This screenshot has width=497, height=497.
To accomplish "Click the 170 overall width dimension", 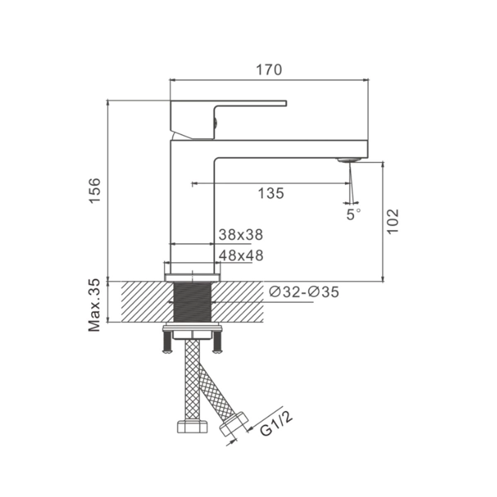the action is click(269, 70).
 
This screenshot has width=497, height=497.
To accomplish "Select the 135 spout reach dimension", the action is click(271, 193).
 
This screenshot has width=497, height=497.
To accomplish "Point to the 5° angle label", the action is click(353, 214).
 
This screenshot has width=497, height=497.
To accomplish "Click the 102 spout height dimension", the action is click(393, 221).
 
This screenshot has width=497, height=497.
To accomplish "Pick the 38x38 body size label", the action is click(241, 235).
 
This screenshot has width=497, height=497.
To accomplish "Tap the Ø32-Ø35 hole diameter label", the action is click(304, 292).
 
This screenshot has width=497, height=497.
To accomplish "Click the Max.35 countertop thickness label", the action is click(94, 305).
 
